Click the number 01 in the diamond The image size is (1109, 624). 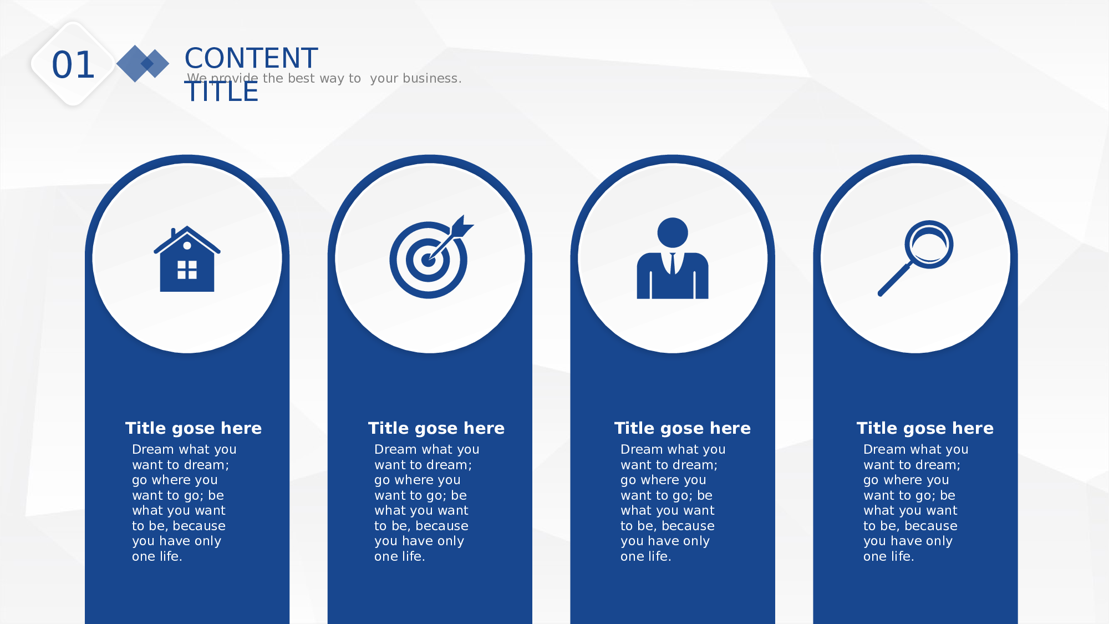(x=73, y=65)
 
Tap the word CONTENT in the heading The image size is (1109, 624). (x=251, y=58)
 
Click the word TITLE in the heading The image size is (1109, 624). (x=222, y=92)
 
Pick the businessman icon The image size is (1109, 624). (x=673, y=258)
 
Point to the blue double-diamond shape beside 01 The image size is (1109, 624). (x=143, y=64)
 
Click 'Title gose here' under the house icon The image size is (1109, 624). (x=194, y=428)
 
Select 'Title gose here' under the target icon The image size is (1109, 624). (x=436, y=428)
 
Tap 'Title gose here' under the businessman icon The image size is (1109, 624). (x=683, y=428)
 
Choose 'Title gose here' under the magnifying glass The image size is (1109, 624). (x=925, y=428)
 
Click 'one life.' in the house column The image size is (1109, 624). (x=157, y=556)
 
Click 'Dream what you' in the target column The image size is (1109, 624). (x=427, y=449)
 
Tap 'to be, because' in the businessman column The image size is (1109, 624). (x=668, y=526)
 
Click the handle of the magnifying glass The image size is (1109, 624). (x=894, y=280)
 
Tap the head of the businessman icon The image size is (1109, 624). (x=673, y=232)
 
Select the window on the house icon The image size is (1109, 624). (x=187, y=270)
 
